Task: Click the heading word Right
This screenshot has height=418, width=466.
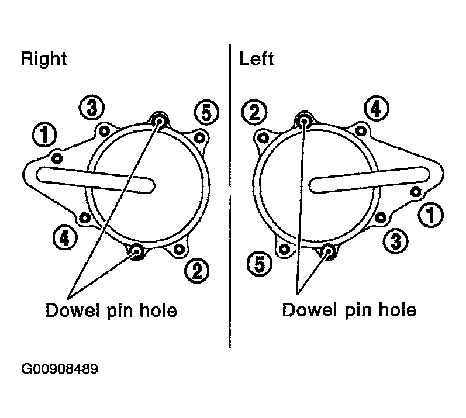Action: tap(44, 60)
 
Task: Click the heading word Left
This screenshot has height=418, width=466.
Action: tap(256, 59)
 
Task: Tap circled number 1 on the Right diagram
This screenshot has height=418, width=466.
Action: tap(44, 134)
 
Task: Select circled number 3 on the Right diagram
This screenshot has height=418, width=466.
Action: tap(92, 108)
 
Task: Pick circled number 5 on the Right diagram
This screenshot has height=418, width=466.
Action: tap(206, 113)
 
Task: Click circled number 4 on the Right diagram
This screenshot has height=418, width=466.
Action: tap(65, 238)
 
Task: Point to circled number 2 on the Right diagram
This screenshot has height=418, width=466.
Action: tap(196, 271)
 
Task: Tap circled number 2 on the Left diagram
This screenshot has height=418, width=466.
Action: tap(254, 112)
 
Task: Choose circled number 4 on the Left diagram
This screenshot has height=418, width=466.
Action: tap(376, 108)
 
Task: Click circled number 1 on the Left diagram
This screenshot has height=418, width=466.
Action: tap(431, 215)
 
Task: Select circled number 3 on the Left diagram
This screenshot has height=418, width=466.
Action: tap(395, 241)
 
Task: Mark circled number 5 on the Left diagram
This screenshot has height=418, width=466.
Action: tap(260, 264)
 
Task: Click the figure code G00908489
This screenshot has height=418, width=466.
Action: tap(60, 369)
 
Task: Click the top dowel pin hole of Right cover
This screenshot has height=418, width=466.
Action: tap(159, 121)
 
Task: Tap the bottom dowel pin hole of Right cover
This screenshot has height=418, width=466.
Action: tap(137, 251)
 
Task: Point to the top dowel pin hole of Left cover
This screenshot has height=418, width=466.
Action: tap(303, 120)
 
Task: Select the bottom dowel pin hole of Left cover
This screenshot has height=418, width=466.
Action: tap(329, 251)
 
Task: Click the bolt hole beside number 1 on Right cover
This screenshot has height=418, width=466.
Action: tap(57, 158)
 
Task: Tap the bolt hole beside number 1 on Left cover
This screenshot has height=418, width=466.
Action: tap(416, 192)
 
